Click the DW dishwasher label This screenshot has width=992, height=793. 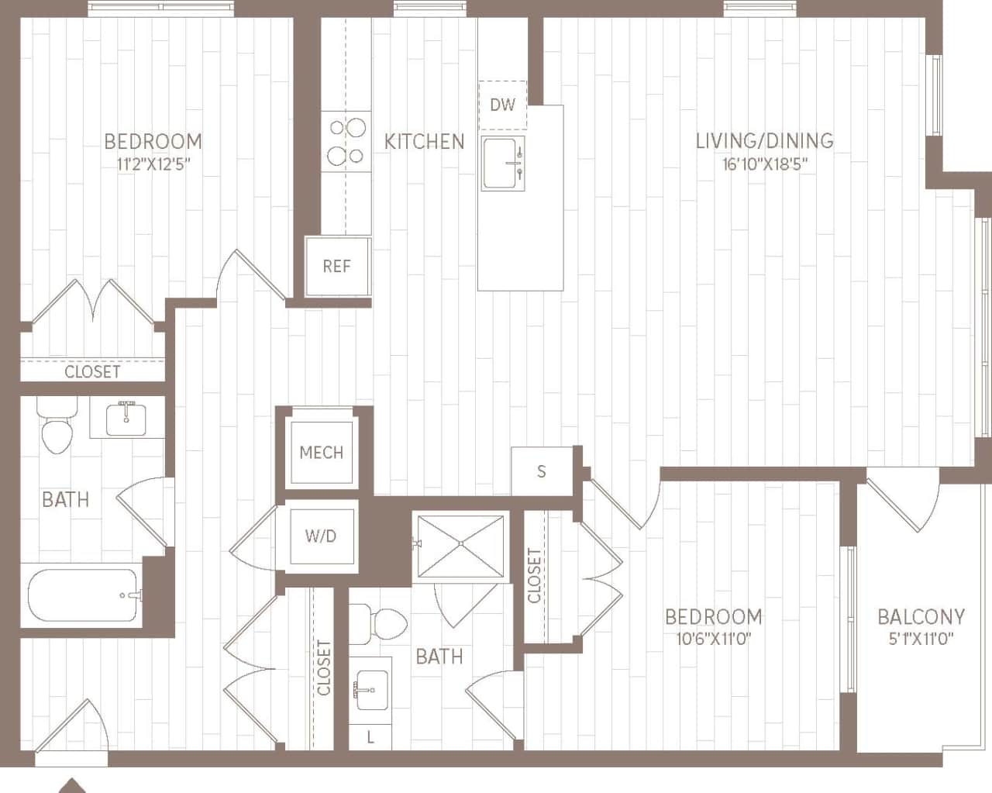coord(502,105)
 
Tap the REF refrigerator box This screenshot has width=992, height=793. coord(337,267)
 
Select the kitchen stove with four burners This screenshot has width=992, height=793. coord(346,142)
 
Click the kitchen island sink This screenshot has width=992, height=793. coord(503,164)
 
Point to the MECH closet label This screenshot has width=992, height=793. coord(321,453)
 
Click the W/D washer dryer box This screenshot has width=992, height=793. coord(321,536)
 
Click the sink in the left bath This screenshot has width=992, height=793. coord(126,419)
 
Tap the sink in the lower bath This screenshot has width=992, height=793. coord(370,688)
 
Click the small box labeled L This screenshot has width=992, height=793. coord(370,738)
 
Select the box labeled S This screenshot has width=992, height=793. coord(541,471)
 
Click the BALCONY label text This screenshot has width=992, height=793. coord(921,617)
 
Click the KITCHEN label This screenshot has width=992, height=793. coord(424,142)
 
